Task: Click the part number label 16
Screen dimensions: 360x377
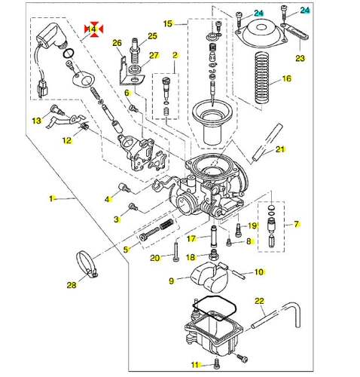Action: [286, 78]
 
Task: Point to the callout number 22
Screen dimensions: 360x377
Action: [260, 301]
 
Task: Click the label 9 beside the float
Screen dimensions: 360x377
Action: [171, 280]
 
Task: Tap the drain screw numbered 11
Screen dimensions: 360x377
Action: [217, 363]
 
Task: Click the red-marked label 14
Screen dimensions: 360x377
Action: [93, 29]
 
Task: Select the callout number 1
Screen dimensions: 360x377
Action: [51, 199]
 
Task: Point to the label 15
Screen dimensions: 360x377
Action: [168, 23]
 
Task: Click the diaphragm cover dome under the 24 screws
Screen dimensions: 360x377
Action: [261, 35]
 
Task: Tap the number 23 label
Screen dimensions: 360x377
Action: [300, 58]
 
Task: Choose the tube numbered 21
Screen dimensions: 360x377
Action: [267, 142]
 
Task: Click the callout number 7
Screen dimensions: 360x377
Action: [297, 224]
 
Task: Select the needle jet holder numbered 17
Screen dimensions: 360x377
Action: [214, 237]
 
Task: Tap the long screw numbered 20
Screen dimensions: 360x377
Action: [175, 250]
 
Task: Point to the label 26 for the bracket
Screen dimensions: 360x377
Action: [117, 43]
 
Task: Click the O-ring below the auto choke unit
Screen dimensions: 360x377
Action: [69, 53]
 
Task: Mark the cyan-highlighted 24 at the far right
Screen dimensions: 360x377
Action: [305, 11]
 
